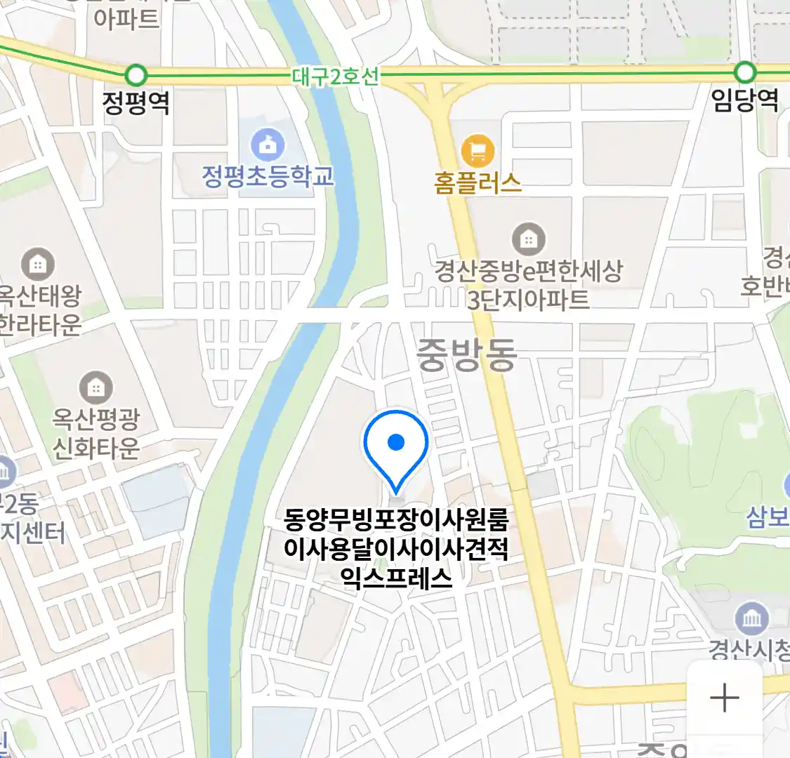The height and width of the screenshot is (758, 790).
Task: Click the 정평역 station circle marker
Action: pos(136,74)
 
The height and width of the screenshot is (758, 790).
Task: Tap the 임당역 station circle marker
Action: pos(744,72)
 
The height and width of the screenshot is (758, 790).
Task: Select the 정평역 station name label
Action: pos(136,103)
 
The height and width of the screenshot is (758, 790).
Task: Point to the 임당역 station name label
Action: pos(744,100)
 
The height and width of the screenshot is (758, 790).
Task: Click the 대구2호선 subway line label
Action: pos(335,76)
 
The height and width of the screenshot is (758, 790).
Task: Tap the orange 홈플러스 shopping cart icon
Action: pos(478,150)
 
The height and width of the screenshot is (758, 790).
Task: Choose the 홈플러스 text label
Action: pos(478,183)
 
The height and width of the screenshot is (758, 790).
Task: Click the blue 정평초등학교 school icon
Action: pos(268,145)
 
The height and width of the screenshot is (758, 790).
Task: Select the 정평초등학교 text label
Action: pos(268,175)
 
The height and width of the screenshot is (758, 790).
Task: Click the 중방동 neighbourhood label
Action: pos(466,354)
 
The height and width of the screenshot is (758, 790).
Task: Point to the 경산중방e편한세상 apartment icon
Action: pos(528,239)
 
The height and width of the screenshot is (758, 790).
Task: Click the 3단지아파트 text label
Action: pos(528,300)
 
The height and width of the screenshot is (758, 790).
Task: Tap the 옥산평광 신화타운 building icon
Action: pos(96,387)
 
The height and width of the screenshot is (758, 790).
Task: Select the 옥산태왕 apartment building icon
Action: pos(38,265)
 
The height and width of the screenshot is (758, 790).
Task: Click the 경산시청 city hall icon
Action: pos(751,618)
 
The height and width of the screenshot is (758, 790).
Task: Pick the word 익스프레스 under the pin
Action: pos(396,578)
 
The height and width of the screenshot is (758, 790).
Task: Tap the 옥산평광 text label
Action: pos(96,419)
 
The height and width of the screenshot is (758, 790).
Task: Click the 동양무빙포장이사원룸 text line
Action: pos(396,520)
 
